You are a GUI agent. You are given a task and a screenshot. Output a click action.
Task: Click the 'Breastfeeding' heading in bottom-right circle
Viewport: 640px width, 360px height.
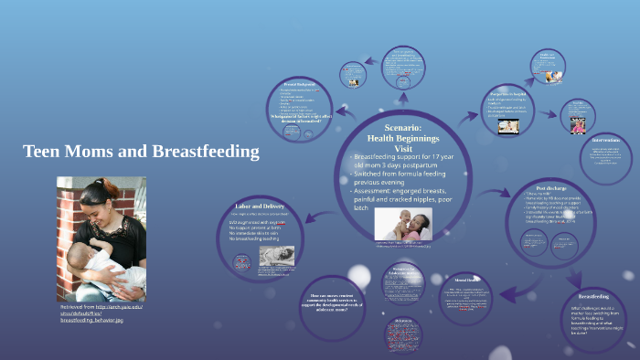tap(592, 296)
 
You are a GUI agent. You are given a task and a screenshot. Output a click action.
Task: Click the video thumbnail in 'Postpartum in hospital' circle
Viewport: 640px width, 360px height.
tap(509, 127)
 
